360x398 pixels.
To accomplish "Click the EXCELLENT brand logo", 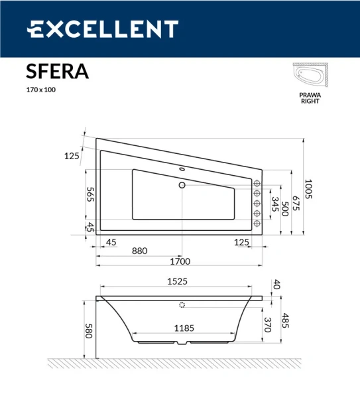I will coord(102,29).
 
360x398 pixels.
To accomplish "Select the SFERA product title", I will coord(57,71).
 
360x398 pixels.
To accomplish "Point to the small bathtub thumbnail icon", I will coord(309,76).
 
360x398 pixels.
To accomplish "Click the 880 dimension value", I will coord(139,251).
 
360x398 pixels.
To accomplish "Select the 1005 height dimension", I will coord(308,188).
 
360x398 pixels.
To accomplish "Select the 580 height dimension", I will coord(88,331).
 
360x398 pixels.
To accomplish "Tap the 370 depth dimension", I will coord(267,325).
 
